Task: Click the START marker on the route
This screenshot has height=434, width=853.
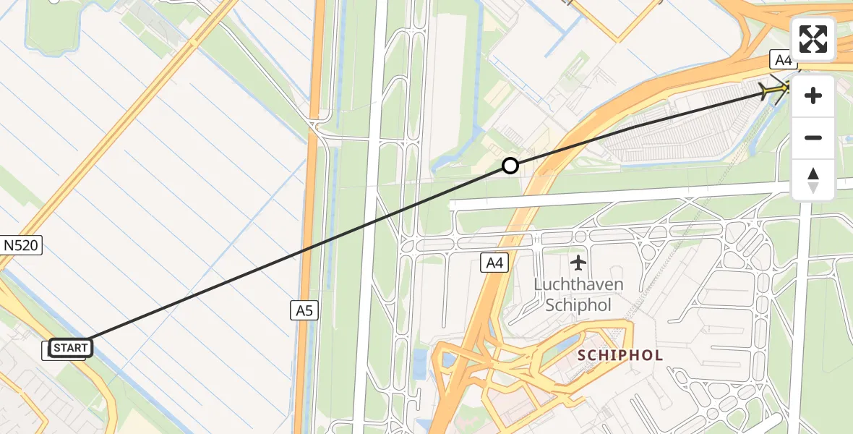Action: (70, 348)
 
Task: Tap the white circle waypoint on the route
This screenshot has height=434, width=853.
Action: (510, 166)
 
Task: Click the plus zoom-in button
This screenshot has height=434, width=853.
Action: (813, 95)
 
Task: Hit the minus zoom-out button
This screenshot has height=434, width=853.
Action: (813, 137)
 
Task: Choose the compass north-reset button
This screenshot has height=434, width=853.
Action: (813, 179)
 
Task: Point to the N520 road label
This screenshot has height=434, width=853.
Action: (22, 246)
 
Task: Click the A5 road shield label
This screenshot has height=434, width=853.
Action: (304, 310)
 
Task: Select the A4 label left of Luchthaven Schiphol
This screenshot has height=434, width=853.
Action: (494, 263)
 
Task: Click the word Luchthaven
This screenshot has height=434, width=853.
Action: (578, 284)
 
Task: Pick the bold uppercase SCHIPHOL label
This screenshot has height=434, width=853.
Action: (620, 355)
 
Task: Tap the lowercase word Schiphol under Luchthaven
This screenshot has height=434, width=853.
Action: (578, 305)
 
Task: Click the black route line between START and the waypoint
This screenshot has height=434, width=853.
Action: (289, 257)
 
